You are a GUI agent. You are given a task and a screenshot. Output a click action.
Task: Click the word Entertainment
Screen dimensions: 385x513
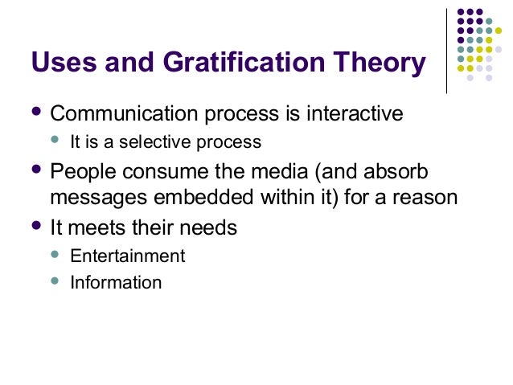point(128,256)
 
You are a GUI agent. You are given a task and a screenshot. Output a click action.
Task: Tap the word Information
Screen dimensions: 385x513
point(116,283)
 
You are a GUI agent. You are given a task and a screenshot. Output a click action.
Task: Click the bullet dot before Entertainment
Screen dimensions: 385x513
point(55,255)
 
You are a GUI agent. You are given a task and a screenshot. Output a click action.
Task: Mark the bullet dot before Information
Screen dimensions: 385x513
point(55,281)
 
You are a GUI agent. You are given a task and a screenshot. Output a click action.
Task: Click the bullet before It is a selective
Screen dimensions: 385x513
point(55,141)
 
